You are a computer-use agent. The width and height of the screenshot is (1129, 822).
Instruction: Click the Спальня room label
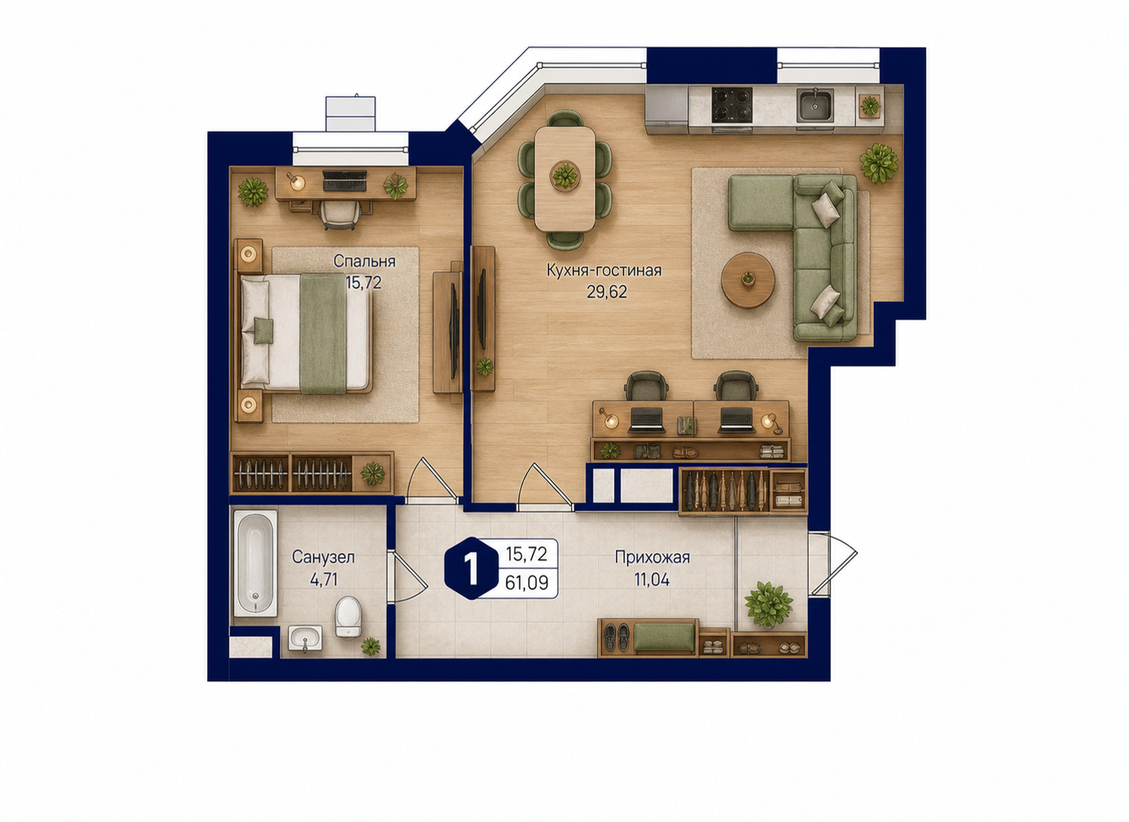click(x=364, y=261)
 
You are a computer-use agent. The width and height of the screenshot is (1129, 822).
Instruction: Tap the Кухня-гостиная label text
click(x=604, y=270)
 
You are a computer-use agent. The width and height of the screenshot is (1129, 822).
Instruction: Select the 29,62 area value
click(x=607, y=292)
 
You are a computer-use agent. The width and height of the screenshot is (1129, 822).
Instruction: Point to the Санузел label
click(x=323, y=557)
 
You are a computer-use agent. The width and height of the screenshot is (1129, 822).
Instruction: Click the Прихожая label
click(x=652, y=557)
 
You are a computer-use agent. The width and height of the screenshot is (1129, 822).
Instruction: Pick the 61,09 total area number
click(x=527, y=583)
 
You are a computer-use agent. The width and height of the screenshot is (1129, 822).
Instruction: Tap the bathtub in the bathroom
click(x=256, y=563)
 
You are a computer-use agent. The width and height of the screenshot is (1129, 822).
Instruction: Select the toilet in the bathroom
click(x=348, y=616)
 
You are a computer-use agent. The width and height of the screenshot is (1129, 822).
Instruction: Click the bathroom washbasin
click(x=305, y=638)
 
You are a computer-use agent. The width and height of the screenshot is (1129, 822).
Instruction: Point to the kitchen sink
click(x=814, y=105)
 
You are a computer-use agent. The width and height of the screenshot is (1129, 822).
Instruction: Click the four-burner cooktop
click(x=732, y=104)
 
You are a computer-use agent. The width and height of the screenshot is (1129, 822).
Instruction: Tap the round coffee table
click(x=747, y=280)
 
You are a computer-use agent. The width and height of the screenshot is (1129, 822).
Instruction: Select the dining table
click(x=565, y=179)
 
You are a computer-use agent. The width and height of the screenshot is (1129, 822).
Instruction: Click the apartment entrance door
click(x=832, y=565)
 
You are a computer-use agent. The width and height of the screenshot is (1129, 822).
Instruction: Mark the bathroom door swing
click(x=407, y=576)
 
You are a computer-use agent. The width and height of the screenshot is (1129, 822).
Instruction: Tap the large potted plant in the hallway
click(x=768, y=605)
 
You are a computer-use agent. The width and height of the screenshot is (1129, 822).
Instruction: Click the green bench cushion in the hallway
click(x=664, y=636)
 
